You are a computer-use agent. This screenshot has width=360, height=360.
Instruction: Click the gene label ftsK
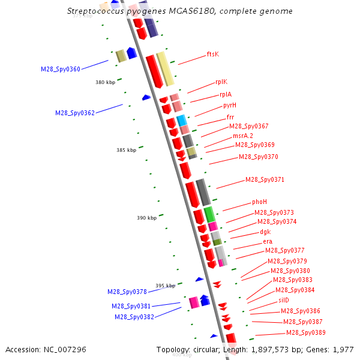tap(212, 54)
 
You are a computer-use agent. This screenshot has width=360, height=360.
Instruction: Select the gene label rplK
tap(221, 82)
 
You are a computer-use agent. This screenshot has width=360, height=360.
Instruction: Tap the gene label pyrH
tap(230, 105)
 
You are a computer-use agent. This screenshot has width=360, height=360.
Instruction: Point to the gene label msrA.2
tap(243, 136)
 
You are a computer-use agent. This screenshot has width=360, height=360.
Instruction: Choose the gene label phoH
tap(259, 202)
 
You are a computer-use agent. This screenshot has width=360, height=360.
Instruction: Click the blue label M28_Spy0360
tap(60, 69)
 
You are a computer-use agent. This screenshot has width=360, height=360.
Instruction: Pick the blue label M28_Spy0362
tap(75, 113)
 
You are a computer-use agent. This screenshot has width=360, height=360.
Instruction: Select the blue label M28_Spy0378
tap(127, 292)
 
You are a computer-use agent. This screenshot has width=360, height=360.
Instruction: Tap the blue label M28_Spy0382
tap(134, 317)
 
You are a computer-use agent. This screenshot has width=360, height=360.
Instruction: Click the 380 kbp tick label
tap(105, 82)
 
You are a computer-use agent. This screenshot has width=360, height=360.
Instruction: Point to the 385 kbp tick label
tap(126, 150)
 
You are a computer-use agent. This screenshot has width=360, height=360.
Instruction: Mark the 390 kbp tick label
tap(146, 218)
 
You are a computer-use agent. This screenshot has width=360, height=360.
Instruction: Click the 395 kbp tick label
tap(165, 286)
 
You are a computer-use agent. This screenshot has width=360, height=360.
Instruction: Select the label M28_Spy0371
tap(265, 179)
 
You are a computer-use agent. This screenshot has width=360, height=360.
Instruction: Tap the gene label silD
tap(284, 299)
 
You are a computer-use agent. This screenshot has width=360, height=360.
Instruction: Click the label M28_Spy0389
tap(305, 332)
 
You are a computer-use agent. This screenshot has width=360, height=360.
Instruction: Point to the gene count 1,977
tap(343, 349)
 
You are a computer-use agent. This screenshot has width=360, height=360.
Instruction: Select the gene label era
tap(268, 241)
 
